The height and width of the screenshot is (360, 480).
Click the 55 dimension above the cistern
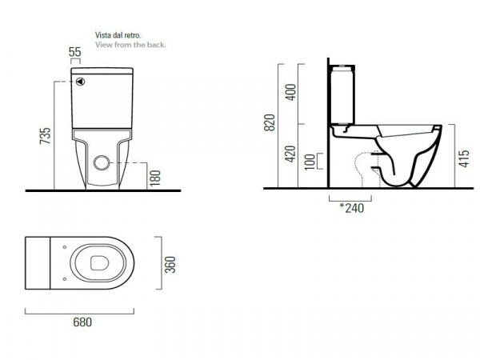point(75,52)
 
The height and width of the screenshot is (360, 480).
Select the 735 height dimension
point(45,136)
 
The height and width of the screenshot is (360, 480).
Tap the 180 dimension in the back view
point(155,178)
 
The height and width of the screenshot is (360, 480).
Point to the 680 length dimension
point(82,322)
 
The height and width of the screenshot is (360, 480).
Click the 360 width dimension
point(170,265)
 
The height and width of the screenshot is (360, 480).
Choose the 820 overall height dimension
point(270,122)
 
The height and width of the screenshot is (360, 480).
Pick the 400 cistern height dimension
point(291,92)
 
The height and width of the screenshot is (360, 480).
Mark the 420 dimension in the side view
point(291,154)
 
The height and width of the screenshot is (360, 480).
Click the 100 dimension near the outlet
point(310,162)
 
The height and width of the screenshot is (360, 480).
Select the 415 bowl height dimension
point(464,158)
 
